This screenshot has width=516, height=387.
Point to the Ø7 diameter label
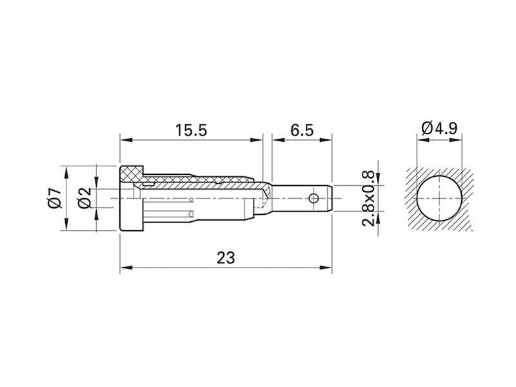(x=54, y=198)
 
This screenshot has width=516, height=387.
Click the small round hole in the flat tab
(x=314, y=197)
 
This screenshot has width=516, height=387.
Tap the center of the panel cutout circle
(x=439, y=198)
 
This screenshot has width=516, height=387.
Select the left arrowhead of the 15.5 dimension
(x=124, y=139)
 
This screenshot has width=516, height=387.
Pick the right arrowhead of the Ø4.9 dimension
(x=460, y=139)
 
